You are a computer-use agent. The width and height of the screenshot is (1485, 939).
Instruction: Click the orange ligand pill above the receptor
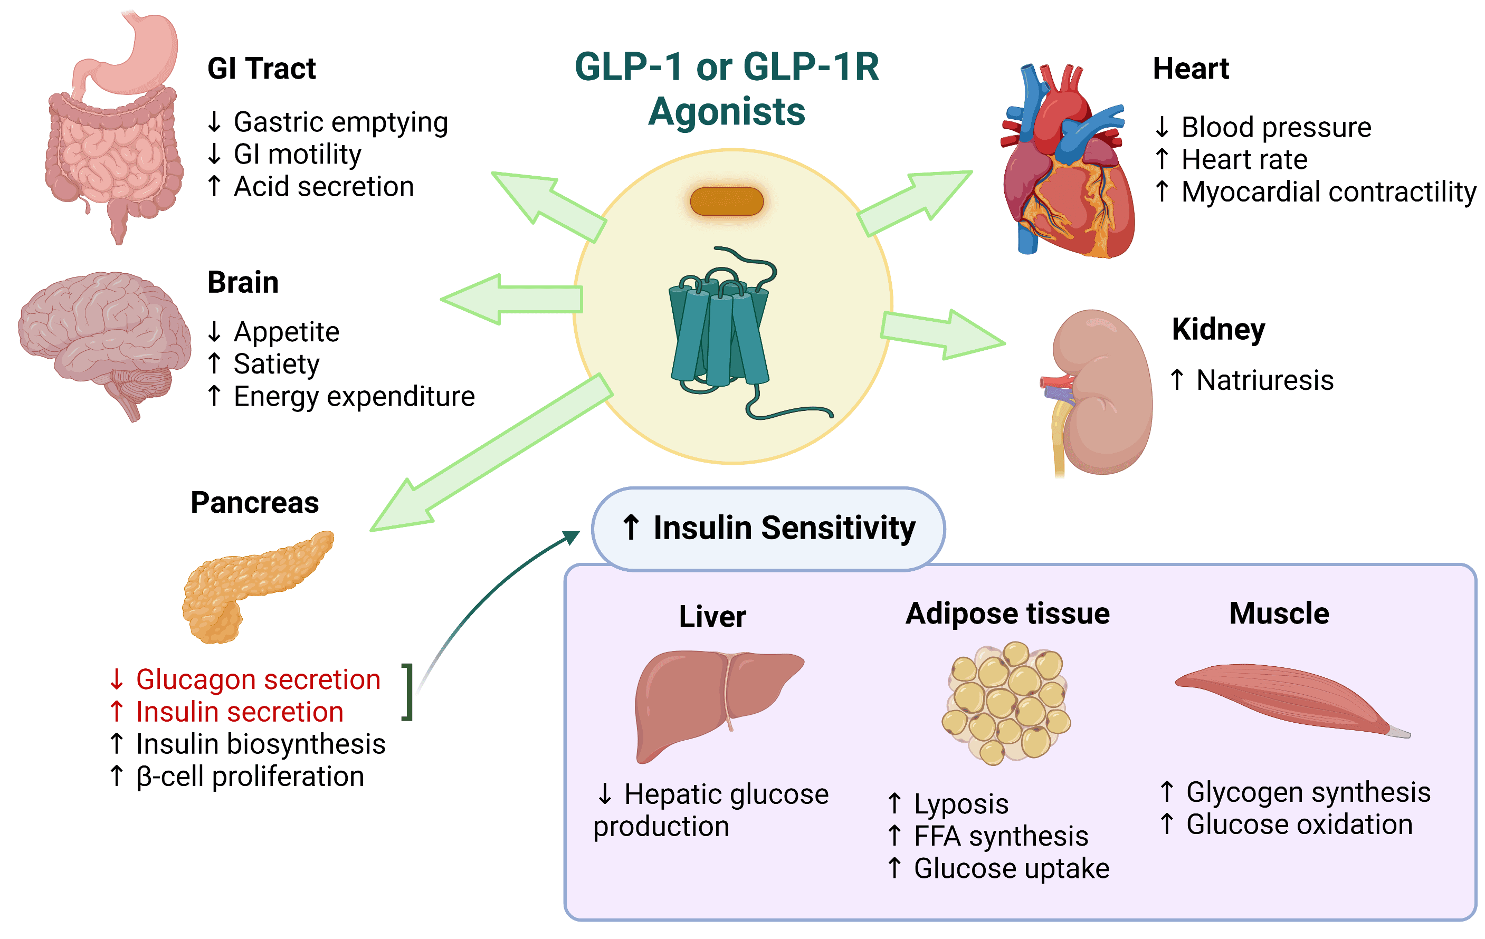[x=727, y=202]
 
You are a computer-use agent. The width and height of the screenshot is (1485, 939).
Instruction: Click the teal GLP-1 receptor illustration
[x=718, y=333]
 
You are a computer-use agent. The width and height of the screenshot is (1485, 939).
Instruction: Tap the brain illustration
[x=102, y=333]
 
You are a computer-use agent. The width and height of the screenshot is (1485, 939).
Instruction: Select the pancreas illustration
[x=253, y=586]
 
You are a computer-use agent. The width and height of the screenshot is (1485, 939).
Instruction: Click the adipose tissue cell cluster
[x=1006, y=703]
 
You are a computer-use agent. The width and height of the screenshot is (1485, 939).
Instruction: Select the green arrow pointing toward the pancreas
[x=487, y=456]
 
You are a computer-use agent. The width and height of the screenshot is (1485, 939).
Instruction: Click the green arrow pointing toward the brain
[x=512, y=300]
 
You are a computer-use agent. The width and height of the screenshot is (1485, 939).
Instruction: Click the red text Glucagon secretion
[x=258, y=679]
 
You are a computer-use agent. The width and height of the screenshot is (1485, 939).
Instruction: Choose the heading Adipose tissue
[x=1007, y=614]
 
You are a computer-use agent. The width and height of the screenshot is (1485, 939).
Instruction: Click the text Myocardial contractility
[x=1328, y=191]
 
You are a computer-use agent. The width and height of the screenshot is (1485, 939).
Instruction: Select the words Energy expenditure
[x=354, y=397]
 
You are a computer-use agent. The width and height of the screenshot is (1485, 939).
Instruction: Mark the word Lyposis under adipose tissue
[x=961, y=804]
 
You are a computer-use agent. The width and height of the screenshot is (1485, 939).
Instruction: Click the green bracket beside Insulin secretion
[x=407, y=692]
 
